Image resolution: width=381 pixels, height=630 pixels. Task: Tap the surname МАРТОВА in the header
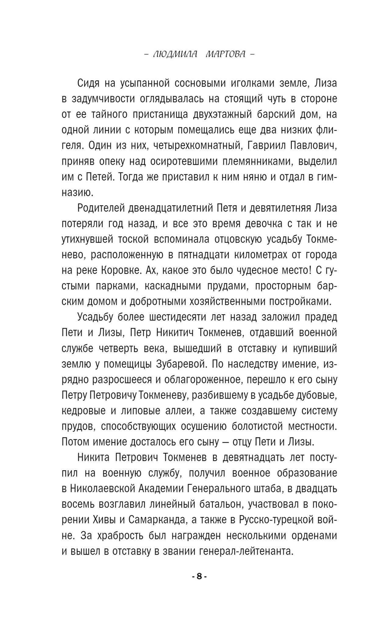226,54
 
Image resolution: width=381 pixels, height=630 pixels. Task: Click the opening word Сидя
88,83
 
